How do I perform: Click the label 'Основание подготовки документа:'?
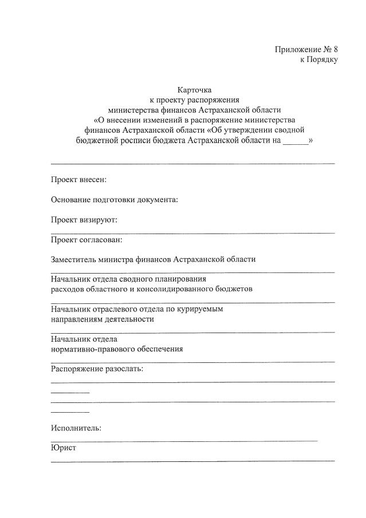point(115,200)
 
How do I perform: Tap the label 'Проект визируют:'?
point(84,219)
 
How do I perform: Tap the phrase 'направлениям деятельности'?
point(102,319)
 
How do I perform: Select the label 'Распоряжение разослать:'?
point(97,369)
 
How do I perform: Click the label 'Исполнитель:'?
point(76,428)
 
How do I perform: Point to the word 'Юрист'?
point(63,448)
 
